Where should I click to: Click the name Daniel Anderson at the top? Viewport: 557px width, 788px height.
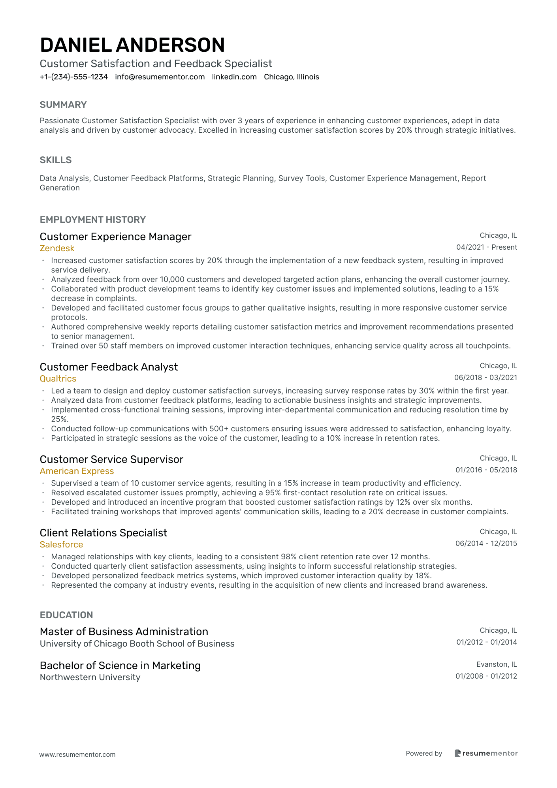(132, 45)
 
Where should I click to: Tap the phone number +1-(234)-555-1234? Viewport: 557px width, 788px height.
(74, 77)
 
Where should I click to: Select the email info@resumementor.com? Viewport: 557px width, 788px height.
(160, 77)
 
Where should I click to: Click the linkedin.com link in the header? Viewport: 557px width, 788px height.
(234, 77)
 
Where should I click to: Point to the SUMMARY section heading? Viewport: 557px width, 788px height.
(63, 105)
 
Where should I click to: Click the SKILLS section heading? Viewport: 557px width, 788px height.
(56, 160)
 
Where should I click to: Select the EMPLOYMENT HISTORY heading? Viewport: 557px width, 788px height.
(93, 220)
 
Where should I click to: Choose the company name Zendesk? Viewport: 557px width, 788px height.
(57, 248)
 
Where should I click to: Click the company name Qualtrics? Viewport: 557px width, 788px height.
(58, 379)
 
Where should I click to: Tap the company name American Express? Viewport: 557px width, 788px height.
(77, 471)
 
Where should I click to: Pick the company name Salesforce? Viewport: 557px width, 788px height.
(62, 545)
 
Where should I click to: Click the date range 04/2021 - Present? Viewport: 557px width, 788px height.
(487, 247)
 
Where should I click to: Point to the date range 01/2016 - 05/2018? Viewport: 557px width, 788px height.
(486, 470)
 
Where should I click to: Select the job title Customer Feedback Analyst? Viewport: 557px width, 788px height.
(109, 367)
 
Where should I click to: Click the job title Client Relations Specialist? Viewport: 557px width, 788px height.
(103, 533)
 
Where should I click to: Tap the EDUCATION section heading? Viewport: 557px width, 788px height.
(66, 615)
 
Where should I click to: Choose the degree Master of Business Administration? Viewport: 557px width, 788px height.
(124, 632)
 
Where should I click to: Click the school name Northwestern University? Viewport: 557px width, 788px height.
(90, 677)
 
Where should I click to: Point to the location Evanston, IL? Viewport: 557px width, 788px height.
(497, 664)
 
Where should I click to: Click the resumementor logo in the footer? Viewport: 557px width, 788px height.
(486, 753)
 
